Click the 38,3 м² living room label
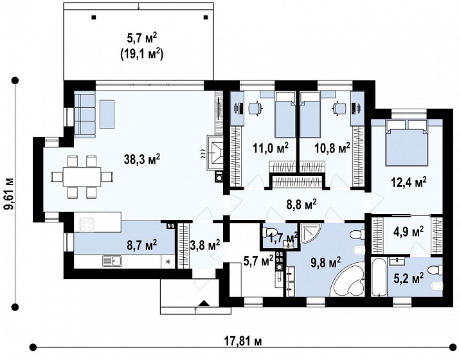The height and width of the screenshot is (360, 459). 142,159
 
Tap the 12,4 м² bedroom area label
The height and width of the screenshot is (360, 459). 408,183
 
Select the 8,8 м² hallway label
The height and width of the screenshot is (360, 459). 301,204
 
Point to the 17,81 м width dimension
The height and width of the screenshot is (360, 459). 243,341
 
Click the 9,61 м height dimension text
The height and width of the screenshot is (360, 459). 10,194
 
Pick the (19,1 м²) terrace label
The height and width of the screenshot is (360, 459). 141,55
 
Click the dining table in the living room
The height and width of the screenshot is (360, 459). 82,177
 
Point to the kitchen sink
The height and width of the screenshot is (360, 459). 113,260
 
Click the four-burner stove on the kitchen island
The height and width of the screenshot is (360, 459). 87,225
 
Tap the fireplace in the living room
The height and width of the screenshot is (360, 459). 215,152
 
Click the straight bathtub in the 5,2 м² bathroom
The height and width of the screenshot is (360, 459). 379,277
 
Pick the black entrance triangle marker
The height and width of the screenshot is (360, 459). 203,303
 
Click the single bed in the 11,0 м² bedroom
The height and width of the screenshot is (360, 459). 285,114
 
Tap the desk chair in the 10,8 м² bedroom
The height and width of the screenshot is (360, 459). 339,108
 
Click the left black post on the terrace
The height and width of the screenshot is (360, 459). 93,17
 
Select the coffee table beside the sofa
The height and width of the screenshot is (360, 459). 107,114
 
